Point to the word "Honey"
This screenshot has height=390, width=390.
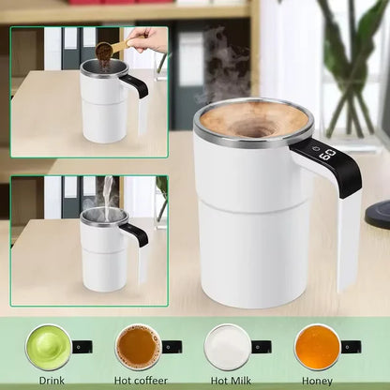tap(316, 381)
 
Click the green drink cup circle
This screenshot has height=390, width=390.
tap(47, 347)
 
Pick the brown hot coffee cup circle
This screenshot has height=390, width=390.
tap(137, 347)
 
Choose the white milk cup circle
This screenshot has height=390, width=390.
tap(228, 347)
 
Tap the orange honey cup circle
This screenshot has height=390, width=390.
tap(316, 347)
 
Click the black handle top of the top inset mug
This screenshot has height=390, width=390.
tap(134, 83)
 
